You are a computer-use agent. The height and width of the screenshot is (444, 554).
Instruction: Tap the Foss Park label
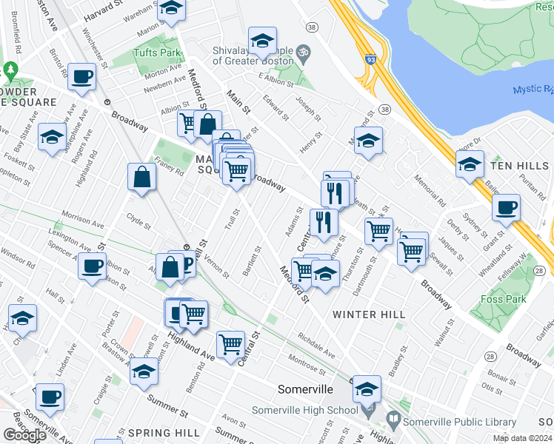pos(521,300)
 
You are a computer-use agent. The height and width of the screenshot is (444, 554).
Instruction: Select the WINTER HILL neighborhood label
pos(368,314)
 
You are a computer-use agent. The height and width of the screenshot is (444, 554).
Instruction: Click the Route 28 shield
pos(490,357)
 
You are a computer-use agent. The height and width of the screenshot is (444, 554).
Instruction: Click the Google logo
pos(24,435)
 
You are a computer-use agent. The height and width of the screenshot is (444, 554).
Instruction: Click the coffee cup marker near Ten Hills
pos(506,207)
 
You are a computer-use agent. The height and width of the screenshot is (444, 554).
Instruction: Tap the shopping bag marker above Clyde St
pos(141,177)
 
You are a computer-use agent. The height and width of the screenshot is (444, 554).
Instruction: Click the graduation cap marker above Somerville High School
pos(367,387)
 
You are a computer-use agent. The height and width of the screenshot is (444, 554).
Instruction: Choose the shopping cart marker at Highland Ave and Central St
pos(231,343)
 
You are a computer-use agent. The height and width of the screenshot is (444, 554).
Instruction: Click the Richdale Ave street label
pos(316,346)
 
